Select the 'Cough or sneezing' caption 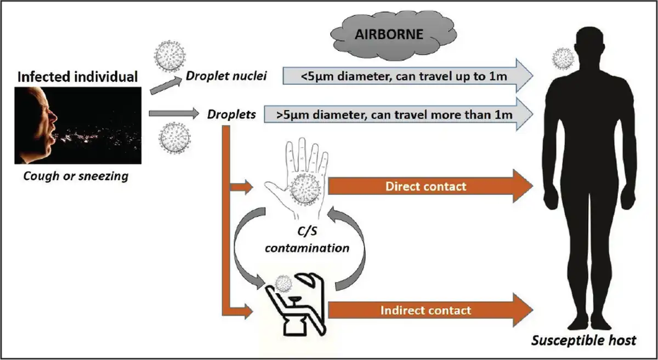[76, 176]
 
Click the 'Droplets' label [230, 115]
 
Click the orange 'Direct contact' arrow [425, 187]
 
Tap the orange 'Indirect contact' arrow [425, 310]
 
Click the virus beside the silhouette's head [563, 58]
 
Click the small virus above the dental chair [282, 284]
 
